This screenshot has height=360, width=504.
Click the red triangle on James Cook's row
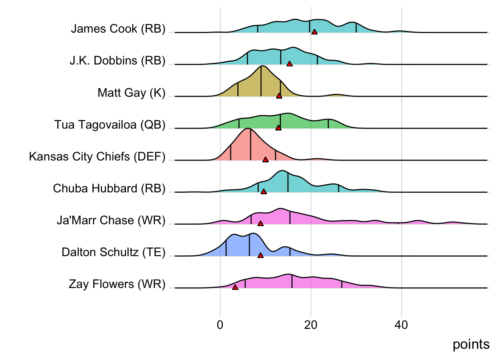click(314, 32)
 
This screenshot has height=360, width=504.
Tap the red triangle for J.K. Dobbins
click(289, 64)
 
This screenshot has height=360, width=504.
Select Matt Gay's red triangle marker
click(279, 96)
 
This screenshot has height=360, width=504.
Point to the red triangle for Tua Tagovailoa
click(278, 127)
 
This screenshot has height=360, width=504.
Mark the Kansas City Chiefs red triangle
click(265, 159)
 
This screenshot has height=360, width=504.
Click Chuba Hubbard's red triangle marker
click(264, 192)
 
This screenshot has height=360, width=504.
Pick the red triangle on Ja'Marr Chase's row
click(261, 223)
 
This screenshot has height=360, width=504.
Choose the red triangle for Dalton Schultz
click(261, 255)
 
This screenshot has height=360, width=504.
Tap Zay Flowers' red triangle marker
click(235, 287)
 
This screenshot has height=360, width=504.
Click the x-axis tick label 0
click(220, 325)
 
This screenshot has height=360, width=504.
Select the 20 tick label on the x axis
click(310, 325)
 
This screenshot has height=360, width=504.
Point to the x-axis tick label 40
click(401, 325)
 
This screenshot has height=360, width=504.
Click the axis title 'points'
click(471, 344)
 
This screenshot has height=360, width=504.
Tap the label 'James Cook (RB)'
click(118, 29)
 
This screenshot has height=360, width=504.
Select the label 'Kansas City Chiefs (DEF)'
click(97, 156)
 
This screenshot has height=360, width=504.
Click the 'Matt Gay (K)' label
click(131, 93)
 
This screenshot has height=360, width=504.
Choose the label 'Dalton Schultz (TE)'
click(113, 252)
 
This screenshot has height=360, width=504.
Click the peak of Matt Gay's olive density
click(262, 66)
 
